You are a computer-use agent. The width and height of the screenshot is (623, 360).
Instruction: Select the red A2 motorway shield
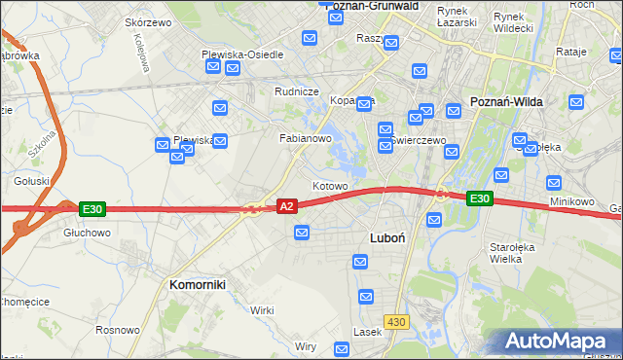click(286, 206)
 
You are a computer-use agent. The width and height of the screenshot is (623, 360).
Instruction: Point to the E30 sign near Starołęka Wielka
click(478, 198)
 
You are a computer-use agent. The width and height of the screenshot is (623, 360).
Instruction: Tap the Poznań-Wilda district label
click(506, 101)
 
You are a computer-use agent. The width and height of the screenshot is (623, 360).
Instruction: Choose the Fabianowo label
click(307, 138)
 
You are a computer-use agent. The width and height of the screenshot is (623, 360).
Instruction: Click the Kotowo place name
click(330, 185)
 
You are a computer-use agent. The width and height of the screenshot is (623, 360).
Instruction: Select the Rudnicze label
click(298, 91)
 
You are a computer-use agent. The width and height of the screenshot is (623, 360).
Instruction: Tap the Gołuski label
click(31, 181)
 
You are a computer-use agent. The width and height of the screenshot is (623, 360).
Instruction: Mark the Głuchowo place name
click(87, 234)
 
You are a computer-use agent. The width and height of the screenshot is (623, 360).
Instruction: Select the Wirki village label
click(262, 309)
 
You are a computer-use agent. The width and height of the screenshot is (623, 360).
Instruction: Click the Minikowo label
click(571, 201)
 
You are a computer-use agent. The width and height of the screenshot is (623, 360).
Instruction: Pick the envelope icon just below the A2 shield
click(302, 233)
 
